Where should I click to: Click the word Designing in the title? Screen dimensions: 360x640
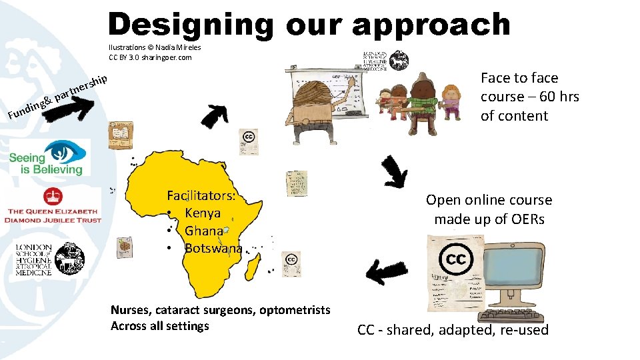(190, 25)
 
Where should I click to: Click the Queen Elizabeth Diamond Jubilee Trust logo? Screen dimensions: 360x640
(53, 205)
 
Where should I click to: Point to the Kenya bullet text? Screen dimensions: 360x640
(202, 213)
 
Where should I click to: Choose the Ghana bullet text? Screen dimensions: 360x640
(204, 231)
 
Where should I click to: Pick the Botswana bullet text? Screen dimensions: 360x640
(213, 249)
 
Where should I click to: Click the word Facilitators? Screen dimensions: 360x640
(202, 196)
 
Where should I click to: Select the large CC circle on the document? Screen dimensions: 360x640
(455, 259)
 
